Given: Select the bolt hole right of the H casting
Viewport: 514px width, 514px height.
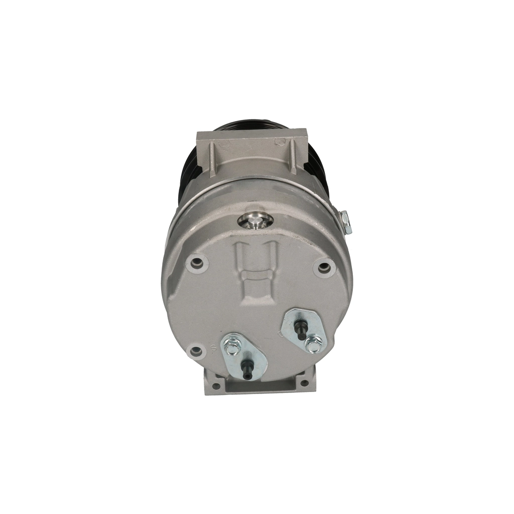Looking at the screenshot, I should (325, 267).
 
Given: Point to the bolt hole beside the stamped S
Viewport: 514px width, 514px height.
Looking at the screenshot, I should (196, 351).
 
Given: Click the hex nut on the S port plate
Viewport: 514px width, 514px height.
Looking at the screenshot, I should (232, 347).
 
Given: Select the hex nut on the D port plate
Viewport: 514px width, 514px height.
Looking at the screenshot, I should (314, 344).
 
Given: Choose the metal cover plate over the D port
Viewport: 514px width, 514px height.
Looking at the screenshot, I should (304, 329).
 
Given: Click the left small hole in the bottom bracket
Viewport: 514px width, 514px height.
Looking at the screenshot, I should (216, 385).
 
